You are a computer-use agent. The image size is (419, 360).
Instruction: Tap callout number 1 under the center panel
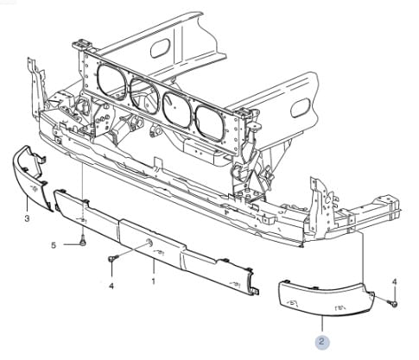[153, 281]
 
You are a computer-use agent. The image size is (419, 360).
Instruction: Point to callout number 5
[53, 245]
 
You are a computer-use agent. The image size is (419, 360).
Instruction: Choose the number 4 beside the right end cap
[395, 281]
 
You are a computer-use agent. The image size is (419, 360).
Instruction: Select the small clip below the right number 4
[394, 301]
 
